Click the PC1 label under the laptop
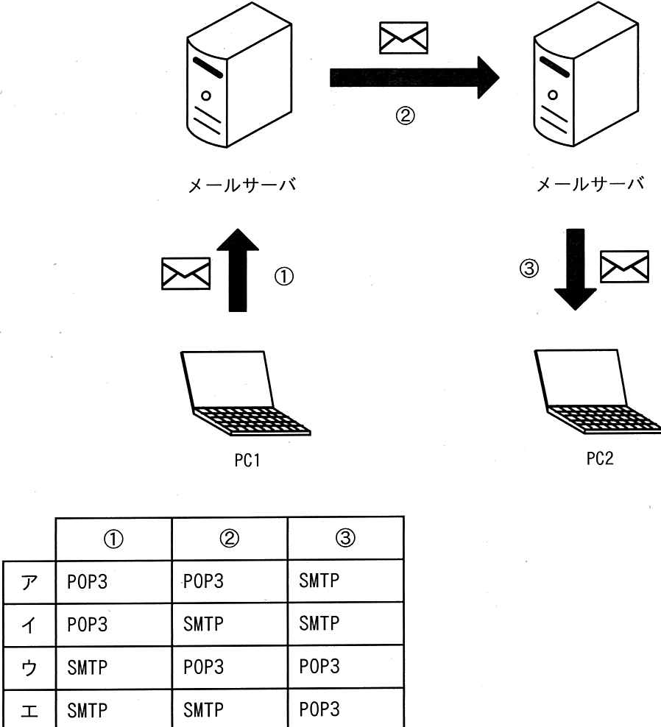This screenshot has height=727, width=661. click(x=247, y=460)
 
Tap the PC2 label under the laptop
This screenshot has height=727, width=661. click(x=600, y=458)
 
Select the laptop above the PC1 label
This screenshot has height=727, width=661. click(x=244, y=393)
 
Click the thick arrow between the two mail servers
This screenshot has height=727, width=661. click(x=414, y=77)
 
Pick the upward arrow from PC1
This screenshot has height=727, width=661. click(x=238, y=270)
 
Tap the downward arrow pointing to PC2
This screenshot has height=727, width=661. click(x=575, y=269)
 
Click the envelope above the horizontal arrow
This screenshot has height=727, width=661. click(x=403, y=38)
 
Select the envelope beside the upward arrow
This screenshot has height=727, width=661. click(x=185, y=274)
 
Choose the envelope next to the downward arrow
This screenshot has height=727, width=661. click(x=624, y=266)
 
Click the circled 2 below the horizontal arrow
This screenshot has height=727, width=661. click(x=405, y=116)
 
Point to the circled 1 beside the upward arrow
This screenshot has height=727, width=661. click(x=284, y=277)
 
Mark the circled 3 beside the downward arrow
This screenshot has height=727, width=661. click(x=529, y=269)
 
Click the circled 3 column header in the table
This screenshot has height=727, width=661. click(x=345, y=538)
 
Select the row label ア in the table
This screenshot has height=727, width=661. click(x=29, y=582)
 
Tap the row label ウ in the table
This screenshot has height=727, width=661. click(x=29, y=668)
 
